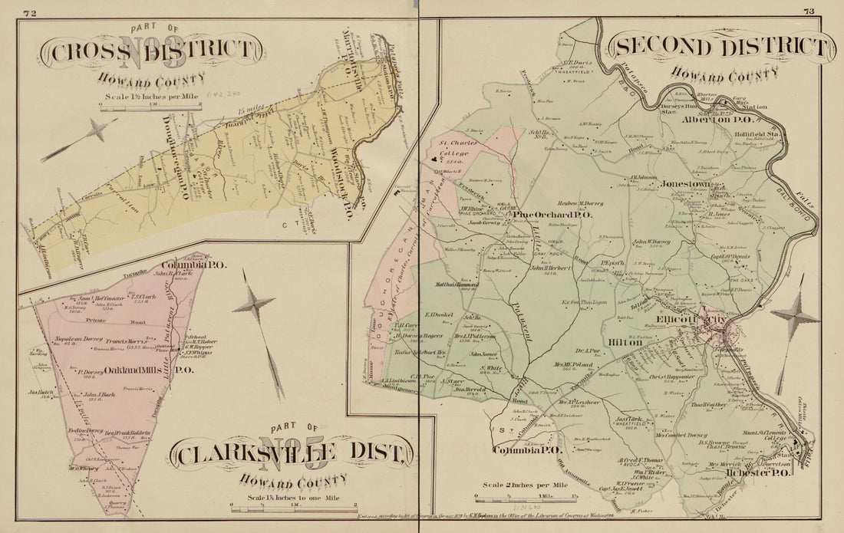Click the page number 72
[x=31, y=12]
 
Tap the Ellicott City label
[x=683, y=318]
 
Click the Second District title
[x=721, y=48]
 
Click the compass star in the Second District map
[x=795, y=315]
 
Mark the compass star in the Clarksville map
[x=254, y=305]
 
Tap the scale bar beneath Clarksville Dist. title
[x=293, y=506]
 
